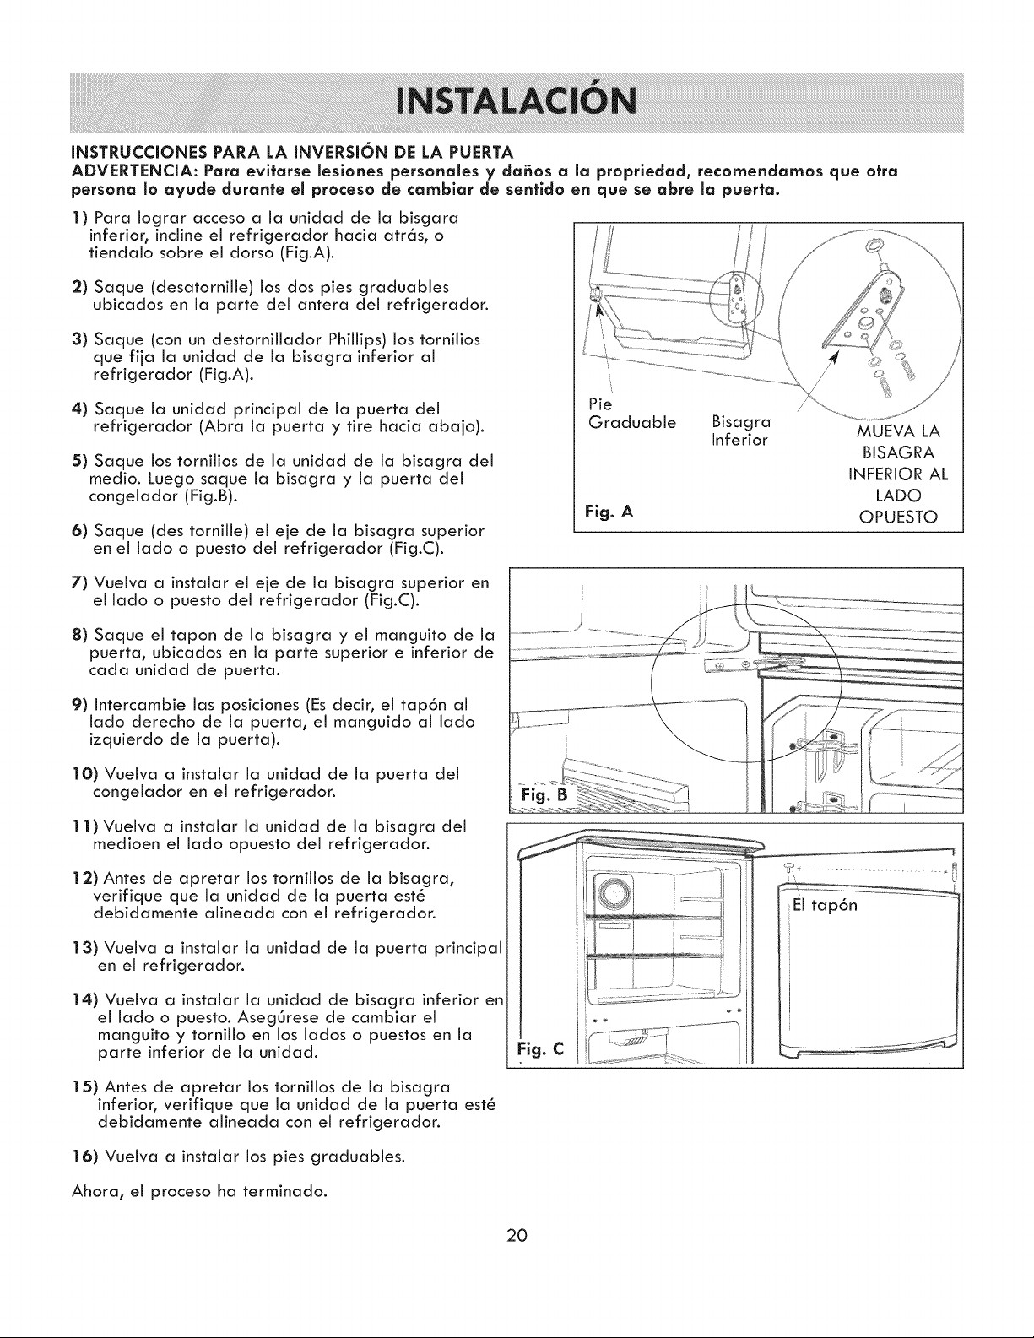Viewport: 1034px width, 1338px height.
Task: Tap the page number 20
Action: [517, 1235]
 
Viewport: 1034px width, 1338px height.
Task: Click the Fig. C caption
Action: [540, 1048]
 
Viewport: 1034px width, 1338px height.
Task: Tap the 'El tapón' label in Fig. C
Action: [825, 905]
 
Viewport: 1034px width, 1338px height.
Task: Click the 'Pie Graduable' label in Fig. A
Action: [632, 413]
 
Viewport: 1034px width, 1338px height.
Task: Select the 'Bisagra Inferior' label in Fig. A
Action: [741, 431]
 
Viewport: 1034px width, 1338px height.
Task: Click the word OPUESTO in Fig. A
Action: [898, 517]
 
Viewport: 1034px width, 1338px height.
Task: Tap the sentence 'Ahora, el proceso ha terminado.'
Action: [199, 1191]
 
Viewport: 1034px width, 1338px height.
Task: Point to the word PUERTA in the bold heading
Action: [479, 151]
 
